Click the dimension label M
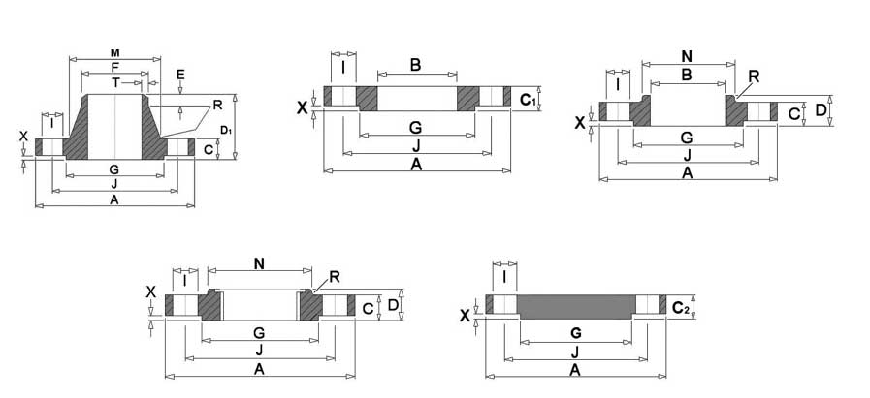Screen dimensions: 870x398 click(x=114, y=53)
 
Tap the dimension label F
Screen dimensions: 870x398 click(x=114, y=67)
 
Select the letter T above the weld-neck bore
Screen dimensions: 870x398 click(x=114, y=82)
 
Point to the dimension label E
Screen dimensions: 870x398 click(x=179, y=75)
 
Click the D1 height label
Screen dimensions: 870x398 click(x=225, y=131)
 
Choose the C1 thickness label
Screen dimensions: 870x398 click(x=528, y=100)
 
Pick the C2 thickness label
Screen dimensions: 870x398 click(x=681, y=307)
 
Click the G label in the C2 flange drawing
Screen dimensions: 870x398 click(x=576, y=333)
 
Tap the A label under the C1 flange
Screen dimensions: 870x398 click(x=416, y=164)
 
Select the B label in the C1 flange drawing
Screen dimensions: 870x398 click(x=415, y=65)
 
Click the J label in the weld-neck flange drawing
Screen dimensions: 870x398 click(x=114, y=184)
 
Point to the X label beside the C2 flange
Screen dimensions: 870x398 click(x=465, y=316)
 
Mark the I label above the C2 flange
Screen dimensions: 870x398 click(x=504, y=275)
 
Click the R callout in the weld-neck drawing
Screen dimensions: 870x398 click(x=217, y=106)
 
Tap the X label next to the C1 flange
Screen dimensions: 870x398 click(x=302, y=107)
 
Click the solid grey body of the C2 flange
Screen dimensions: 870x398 click(x=576, y=307)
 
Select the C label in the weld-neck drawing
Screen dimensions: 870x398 click(x=209, y=150)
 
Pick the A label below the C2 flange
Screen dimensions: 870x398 click(x=575, y=370)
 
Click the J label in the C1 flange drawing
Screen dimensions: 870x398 click(x=416, y=146)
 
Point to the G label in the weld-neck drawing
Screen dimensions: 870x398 click(x=114, y=169)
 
